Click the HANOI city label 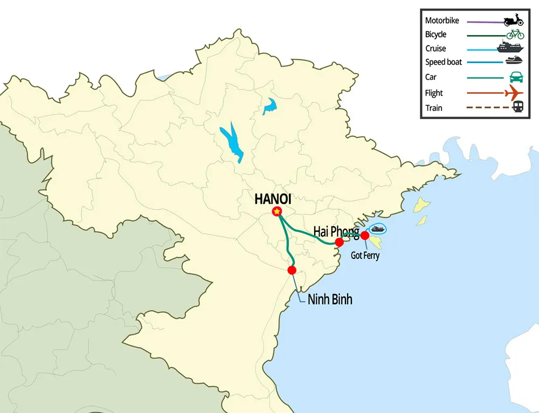click(x=273, y=199)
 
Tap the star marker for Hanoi click(x=277, y=212)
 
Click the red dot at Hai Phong click(x=340, y=243)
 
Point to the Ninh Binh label click(x=330, y=299)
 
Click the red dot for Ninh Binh click(x=292, y=270)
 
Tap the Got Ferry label click(x=365, y=256)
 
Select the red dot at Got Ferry click(x=365, y=235)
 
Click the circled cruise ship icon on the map click(x=378, y=229)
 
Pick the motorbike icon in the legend click(x=513, y=21)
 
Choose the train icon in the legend click(x=517, y=107)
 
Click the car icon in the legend click(x=515, y=77)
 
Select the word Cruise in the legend click(x=436, y=49)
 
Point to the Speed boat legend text click(x=444, y=62)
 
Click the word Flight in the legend click(x=434, y=93)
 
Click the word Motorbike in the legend click(x=442, y=21)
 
